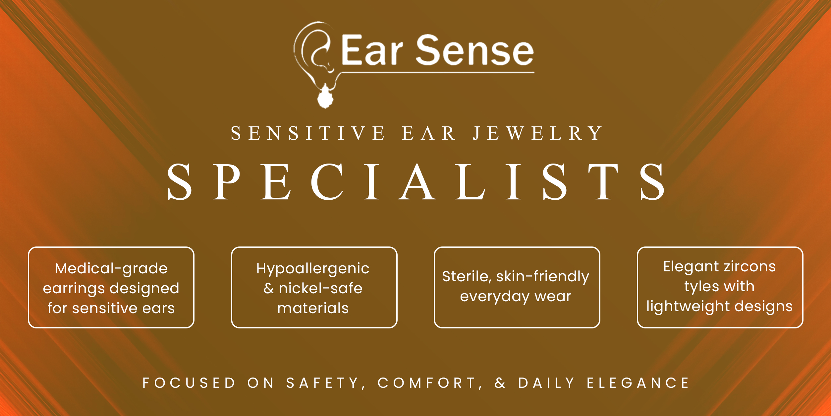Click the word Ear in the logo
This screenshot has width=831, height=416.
point(372,50)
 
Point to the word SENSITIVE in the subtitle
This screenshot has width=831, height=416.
point(307,133)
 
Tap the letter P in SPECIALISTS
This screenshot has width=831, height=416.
point(227,182)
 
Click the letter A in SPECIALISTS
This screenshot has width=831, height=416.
point(417,182)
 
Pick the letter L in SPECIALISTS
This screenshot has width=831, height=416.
point(471,182)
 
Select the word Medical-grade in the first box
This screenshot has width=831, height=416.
point(111,268)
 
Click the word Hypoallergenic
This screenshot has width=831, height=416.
point(313,268)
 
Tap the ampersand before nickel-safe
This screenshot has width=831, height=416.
point(269,288)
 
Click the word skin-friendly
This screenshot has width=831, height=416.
point(543,277)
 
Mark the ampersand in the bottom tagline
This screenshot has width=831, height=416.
point(500,383)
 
